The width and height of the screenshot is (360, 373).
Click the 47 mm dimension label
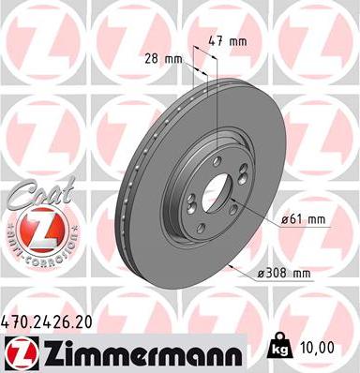click(x=230, y=42)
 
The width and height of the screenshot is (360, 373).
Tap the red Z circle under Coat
click(x=35, y=228)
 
